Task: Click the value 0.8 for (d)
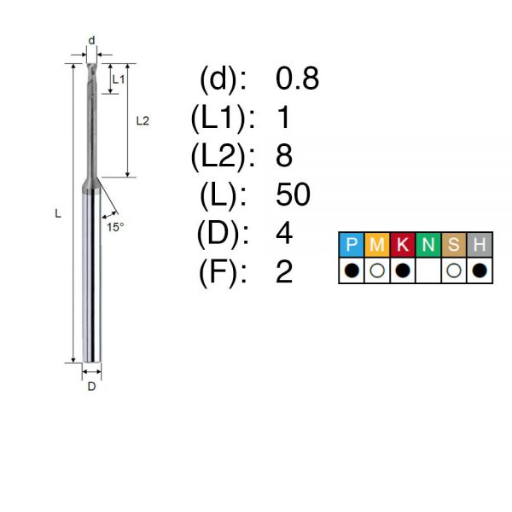pos(297,79)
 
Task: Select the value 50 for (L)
pos(293,195)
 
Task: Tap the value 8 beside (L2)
pos(284,156)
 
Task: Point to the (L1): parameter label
pos(223,118)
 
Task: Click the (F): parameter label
pos(223,273)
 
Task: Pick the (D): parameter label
pos(223,234)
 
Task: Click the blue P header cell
pos(352,245)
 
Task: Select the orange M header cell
pos(377,245)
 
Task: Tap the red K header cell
pos(403,245)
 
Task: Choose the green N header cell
pos(428,245)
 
